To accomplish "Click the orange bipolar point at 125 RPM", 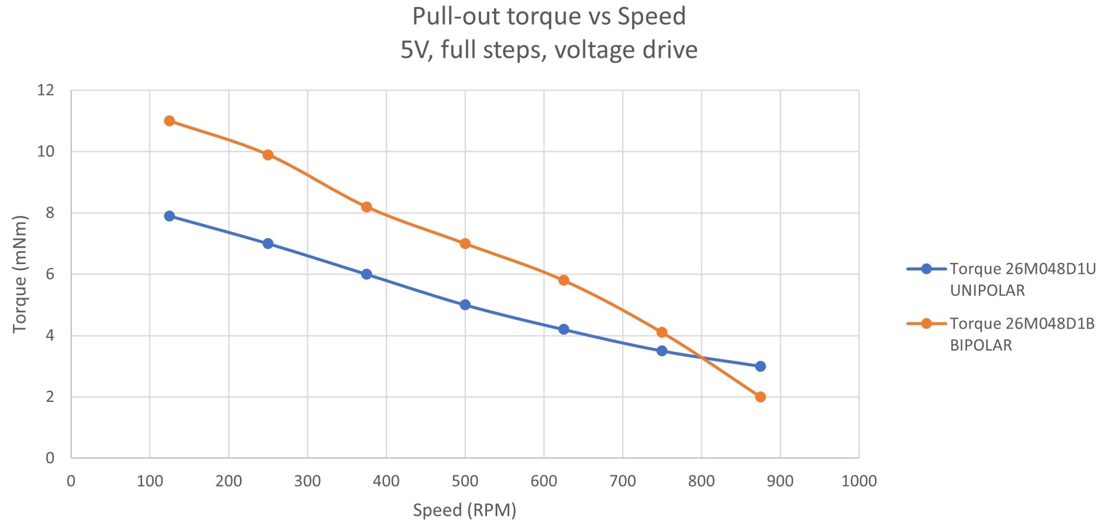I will (169, 121).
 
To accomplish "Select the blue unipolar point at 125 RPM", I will (169, 216).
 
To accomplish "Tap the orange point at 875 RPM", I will (760, 397).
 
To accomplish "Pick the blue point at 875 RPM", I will (760, 366).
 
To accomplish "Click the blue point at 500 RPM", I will (465, 305).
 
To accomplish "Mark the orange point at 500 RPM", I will (465, 244).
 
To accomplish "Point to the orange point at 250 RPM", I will (268, 155).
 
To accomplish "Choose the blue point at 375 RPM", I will (366, 274).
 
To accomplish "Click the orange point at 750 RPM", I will (661, 332).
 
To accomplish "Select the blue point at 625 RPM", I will (563, 329).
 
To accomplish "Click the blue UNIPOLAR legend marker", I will (926, 269).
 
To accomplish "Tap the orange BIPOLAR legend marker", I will (926, 323).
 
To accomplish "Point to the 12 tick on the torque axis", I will (46, 90).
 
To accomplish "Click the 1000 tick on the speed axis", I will (858, 481).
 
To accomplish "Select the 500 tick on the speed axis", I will (465, 481).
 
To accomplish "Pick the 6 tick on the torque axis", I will (50, 274).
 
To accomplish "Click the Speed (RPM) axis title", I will (464, 510).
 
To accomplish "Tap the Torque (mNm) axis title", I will (20, 274).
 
